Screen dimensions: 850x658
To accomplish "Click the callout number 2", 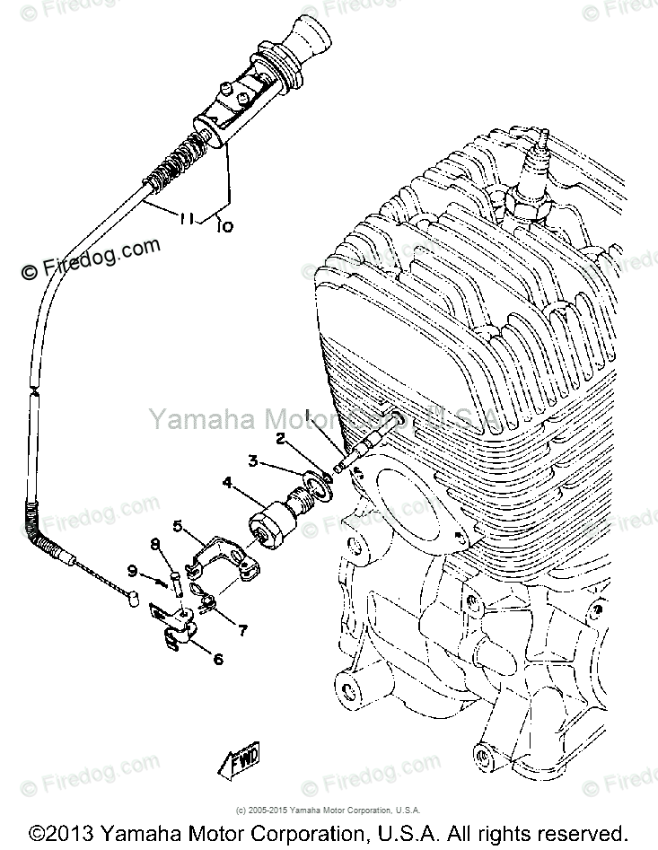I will tap(280, 440).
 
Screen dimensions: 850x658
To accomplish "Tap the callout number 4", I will tap(227, 483).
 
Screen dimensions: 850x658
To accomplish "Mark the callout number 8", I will tap(154, 543).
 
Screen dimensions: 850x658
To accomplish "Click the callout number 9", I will tap(132, 570).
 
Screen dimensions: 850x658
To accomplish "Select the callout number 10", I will tap(224, 227).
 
